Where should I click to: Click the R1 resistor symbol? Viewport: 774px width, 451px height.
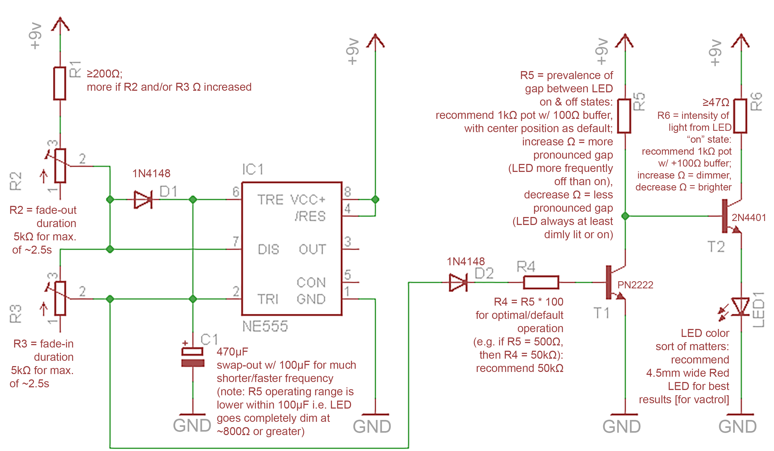[60, 83]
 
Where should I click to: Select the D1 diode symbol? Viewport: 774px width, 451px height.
[143, 200]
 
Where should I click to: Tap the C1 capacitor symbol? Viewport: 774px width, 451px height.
[193, 357]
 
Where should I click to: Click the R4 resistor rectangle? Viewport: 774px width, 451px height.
[541, 282]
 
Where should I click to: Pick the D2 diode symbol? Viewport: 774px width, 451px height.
[458, 282]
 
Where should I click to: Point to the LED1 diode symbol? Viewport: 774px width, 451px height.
[740, 306]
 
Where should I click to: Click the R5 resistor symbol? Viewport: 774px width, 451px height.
[624, 116]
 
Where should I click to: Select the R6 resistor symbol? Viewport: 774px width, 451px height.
[740, 116]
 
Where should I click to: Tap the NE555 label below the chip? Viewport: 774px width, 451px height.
[265, 326]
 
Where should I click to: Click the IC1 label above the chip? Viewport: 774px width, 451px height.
[252, 170]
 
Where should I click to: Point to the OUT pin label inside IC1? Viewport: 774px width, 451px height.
[312, 249]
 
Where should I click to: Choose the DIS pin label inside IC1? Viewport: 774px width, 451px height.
[269, 250]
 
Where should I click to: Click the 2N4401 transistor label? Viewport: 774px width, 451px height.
[748, 217]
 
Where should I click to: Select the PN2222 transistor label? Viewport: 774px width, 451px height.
[635, 285]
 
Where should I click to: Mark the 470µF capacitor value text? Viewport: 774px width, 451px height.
[232, 352]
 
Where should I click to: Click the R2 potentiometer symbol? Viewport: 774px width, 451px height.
[60, 166]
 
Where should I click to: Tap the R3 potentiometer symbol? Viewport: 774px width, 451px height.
[60, 298]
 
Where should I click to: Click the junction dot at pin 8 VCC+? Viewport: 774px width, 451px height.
[375, 200]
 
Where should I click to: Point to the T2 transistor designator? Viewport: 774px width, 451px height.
[716, 247]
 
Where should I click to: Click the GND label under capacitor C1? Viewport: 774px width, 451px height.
[192, 426]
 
